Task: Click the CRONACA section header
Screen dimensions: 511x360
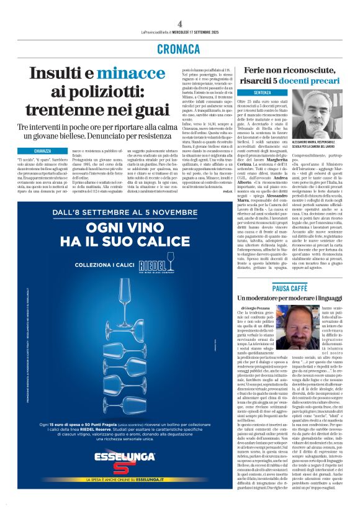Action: pos(180,49)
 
